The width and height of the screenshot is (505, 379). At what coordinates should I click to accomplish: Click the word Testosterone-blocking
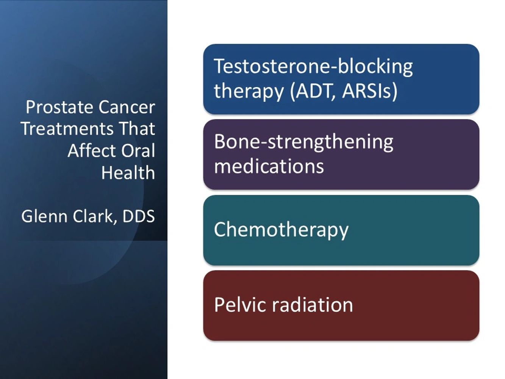pos(313,67)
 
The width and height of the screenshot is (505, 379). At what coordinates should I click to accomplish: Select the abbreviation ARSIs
pos(369,91)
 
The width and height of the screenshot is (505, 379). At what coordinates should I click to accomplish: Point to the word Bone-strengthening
pos(303,143)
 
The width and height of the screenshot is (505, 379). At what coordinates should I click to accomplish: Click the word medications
pos(269,166)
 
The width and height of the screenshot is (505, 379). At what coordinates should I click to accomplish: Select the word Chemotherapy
pos(281,230)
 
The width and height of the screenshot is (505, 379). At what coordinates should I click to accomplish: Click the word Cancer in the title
pos(127,107)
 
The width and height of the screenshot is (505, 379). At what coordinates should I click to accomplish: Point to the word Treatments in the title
pos(67,129)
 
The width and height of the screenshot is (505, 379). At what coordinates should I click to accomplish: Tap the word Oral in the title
pos(138,151)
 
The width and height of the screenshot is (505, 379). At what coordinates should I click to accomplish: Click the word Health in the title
pos(128,172)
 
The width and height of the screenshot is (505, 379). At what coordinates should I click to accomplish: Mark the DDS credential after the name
pos(139,216)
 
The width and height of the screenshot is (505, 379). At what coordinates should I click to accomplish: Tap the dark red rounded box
pos(341,305)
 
